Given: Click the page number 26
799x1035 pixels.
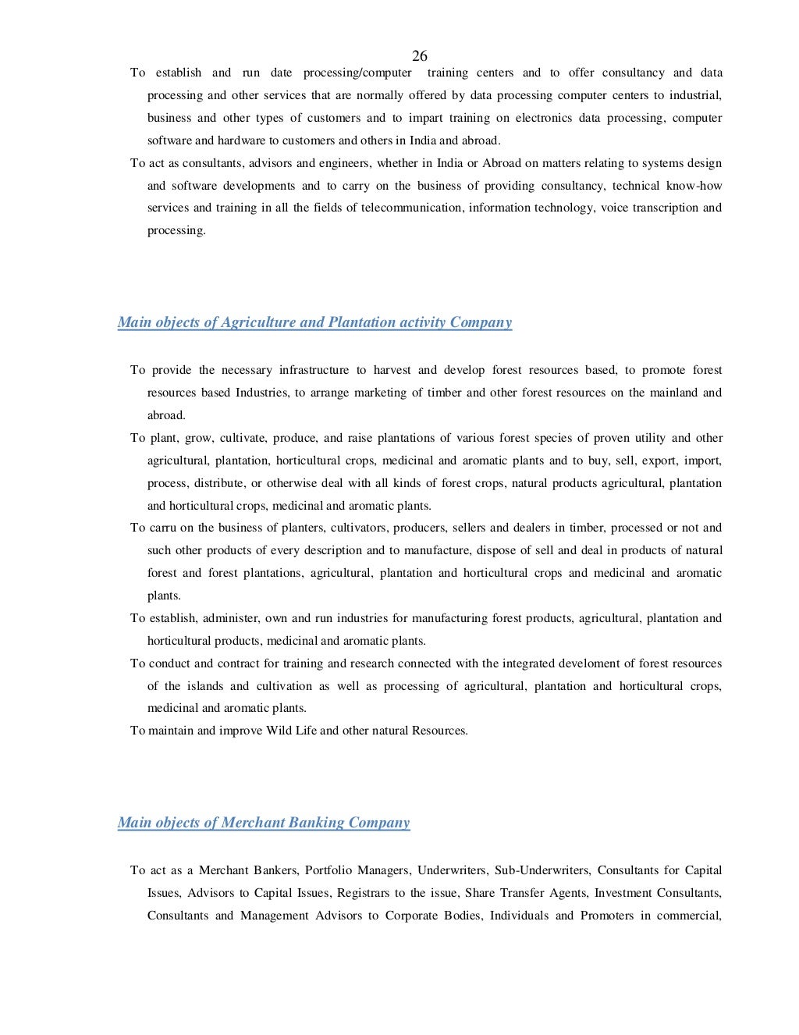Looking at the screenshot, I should click(x=419, y=55).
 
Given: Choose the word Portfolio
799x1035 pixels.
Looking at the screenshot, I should click(x=328, y=870).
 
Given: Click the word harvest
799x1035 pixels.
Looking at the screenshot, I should click(x=392, y=370).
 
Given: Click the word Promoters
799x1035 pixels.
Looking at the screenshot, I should click(x=606, y=916).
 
